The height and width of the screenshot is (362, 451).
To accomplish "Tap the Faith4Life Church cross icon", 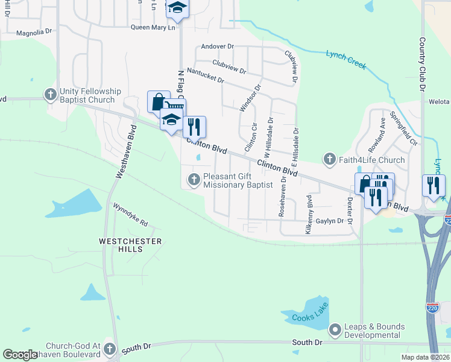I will click(329, 159).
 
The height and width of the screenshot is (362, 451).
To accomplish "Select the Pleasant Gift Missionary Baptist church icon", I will click(194, 179).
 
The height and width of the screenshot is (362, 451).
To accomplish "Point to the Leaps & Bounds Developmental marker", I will click(335, 330).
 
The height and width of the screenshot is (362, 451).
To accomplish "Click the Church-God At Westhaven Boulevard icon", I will click(109, 348).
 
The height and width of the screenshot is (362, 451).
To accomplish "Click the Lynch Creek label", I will click(346, 59).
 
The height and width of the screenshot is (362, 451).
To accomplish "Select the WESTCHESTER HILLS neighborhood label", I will click(131, 246).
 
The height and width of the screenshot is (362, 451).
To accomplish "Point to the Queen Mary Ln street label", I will click(153, 27).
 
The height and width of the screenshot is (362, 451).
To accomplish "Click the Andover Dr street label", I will click(217, 46).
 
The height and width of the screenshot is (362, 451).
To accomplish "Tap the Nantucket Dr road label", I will click(206, 75).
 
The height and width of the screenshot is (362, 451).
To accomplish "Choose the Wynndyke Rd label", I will click(130, 214).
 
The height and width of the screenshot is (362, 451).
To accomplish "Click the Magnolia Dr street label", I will click(35, 33).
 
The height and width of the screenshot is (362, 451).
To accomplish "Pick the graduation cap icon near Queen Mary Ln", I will click(177, 8).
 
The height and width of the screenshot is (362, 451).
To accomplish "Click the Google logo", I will click(20, 355).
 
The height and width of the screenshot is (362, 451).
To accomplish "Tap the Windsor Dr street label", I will click(250, 98).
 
